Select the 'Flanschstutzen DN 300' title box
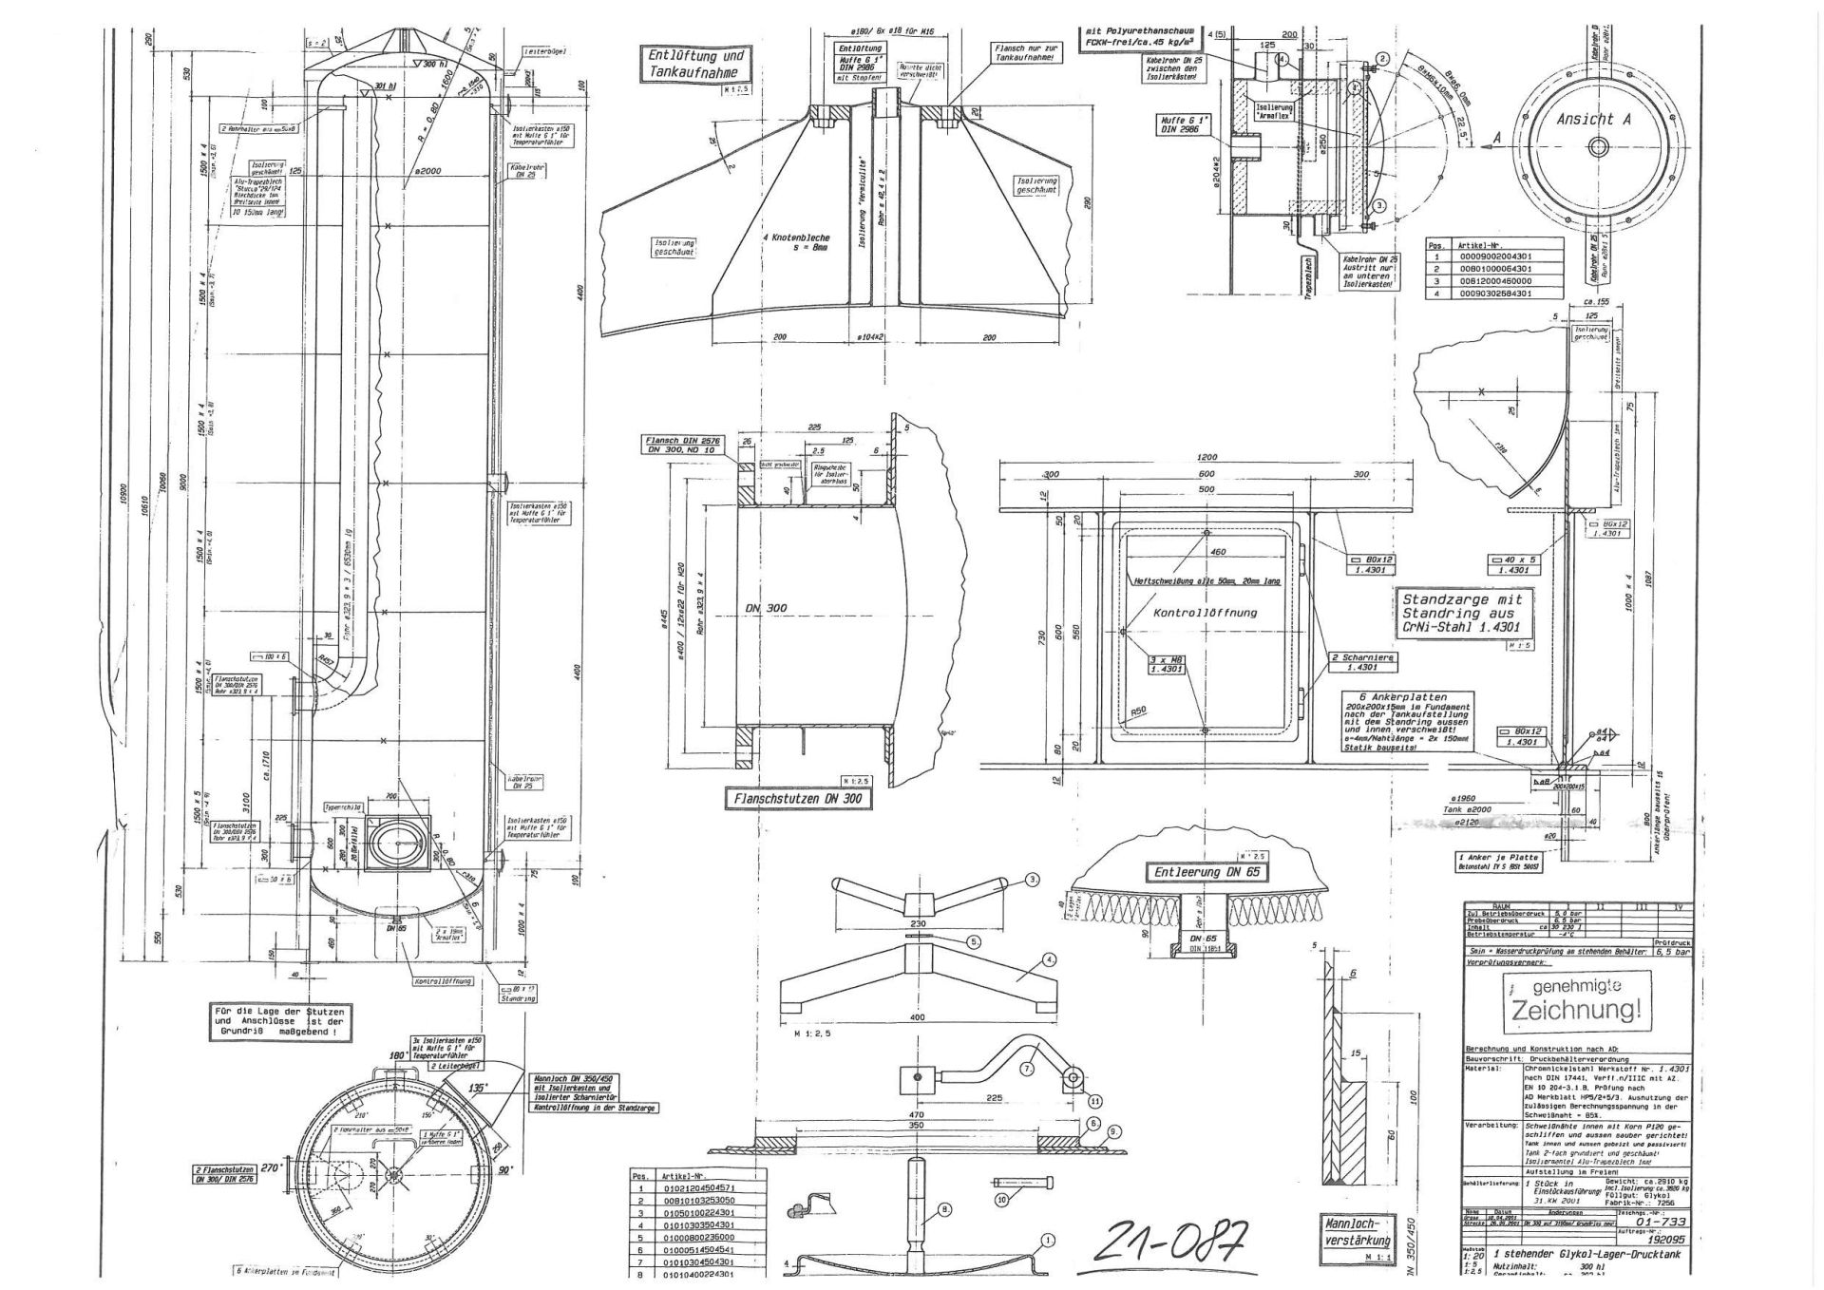coord(797,800)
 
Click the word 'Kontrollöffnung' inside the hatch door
coord(1205,613)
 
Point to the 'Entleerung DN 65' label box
coord(1206,872)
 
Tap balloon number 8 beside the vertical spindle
coord(945,1209)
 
